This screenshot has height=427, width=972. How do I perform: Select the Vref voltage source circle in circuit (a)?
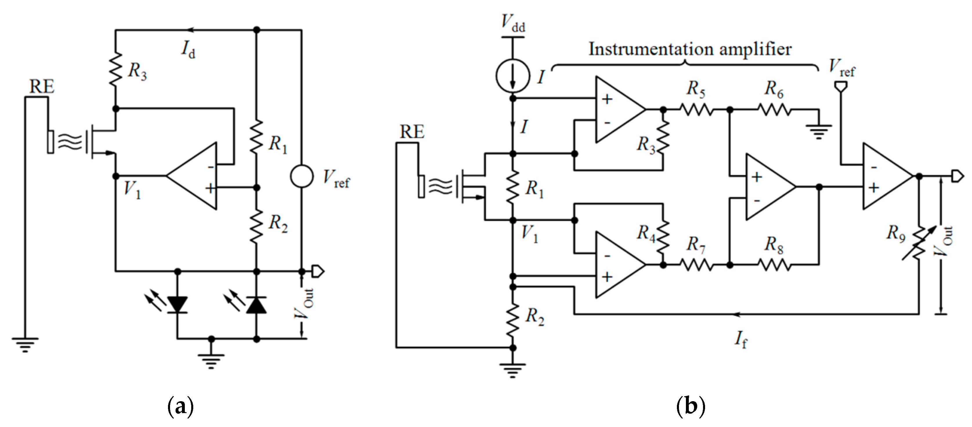pos(301,176)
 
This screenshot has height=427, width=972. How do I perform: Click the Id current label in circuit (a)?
pos(188,49)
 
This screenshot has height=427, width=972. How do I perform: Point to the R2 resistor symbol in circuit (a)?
pos(256,226)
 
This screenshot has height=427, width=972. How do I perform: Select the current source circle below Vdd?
pos(512,76)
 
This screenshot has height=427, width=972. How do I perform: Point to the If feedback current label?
pos(741,339)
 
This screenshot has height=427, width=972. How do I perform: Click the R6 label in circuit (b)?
pos(774,89)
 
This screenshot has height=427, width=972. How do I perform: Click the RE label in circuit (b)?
pos(412,132)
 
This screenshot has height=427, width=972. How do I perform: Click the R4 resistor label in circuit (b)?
pos(646,233)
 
